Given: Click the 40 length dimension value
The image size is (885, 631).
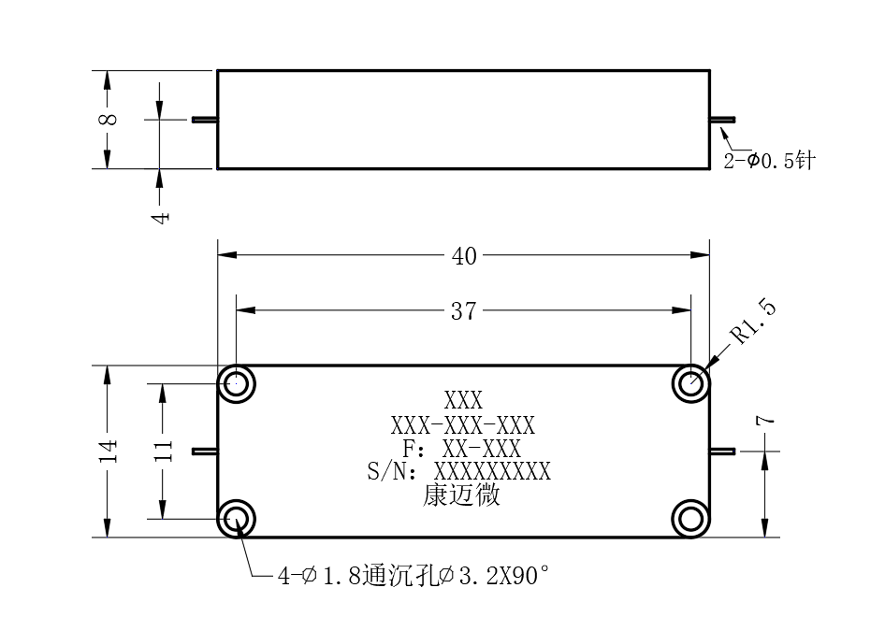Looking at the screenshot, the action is (464, 256).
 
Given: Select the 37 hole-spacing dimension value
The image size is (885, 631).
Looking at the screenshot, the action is (463, 311).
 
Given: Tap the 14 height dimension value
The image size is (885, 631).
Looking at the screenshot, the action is (109, 451).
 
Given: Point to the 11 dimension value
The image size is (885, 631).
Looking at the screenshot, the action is (163, 451).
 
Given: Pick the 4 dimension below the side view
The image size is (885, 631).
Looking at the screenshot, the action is (162, 217).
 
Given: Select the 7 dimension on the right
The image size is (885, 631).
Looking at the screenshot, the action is (765, 420).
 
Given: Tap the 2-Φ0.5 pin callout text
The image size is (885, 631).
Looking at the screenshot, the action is (769, 161).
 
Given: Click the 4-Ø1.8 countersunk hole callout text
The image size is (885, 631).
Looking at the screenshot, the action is (413, 576).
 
